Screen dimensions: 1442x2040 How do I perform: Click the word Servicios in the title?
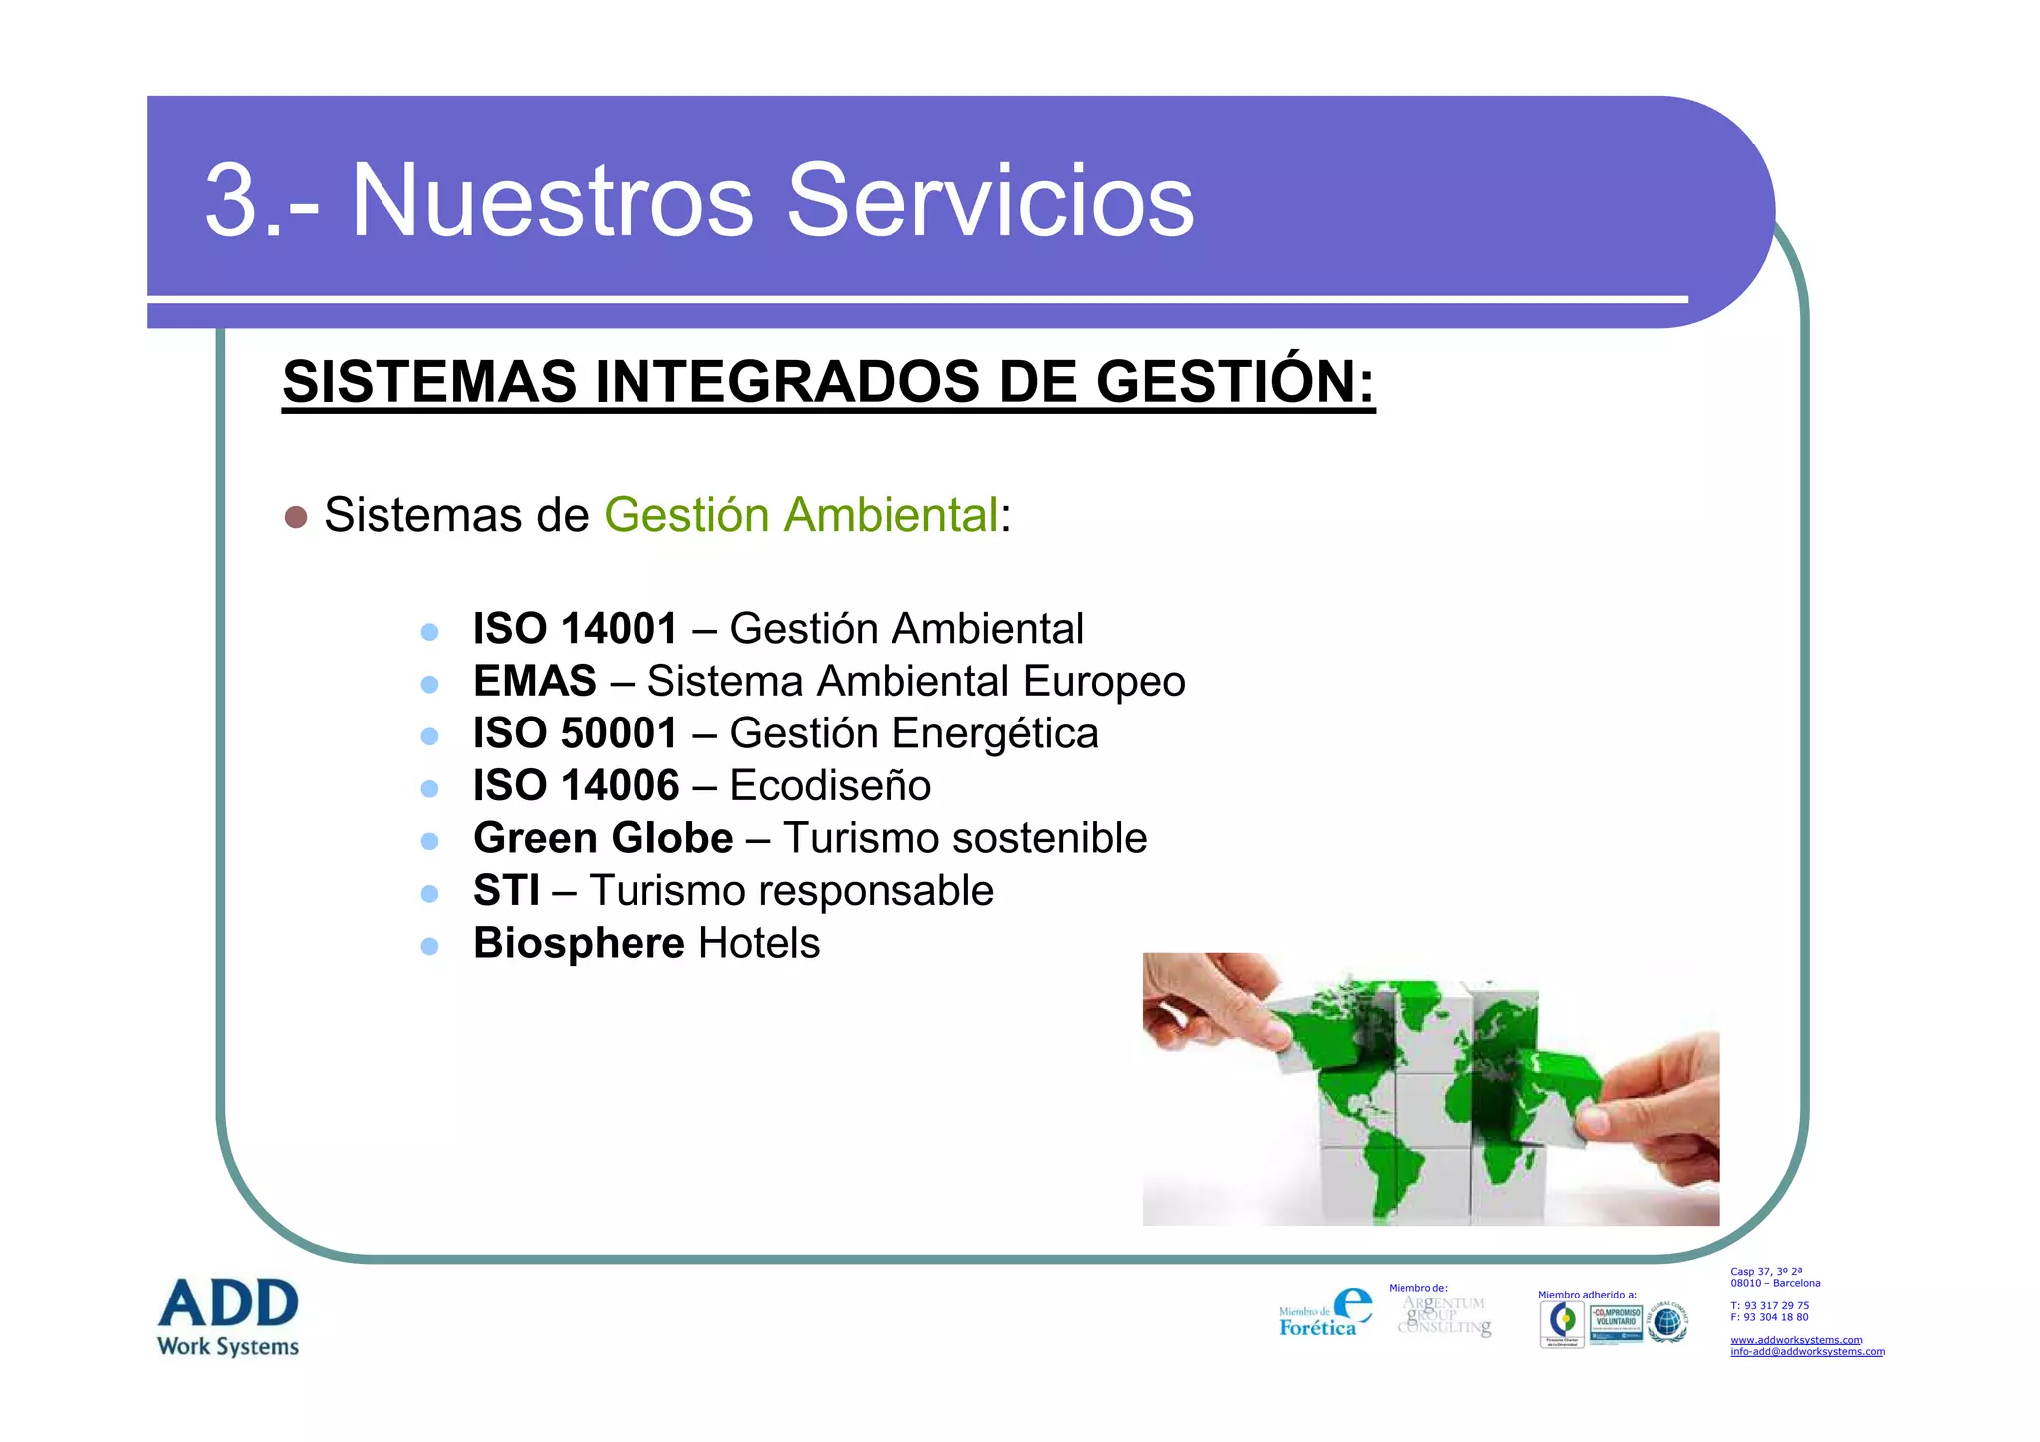(x=990, y=201)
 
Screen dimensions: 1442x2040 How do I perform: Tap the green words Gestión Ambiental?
(x=801, y=515)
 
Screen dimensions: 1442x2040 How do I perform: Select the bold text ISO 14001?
(x=575, y=629)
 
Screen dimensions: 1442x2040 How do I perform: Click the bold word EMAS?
(x=534, y=682)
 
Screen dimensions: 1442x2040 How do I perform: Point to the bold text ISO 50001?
(x=575, y=733)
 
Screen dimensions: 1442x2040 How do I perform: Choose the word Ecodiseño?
(x=830, y=786)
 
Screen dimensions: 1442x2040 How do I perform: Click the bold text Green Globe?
(x=603, y=838)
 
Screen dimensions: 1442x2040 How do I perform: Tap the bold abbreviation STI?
(x=506, y=891)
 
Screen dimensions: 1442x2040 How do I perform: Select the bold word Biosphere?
(x=579, y=943)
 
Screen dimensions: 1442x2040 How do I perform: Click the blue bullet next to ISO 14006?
(x=429, y=788)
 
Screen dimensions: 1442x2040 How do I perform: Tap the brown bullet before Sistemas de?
(x=296, y=517)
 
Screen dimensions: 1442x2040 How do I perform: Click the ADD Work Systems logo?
(x=228, y=1316)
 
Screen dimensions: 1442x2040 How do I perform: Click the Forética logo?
(x=1325, y=1313)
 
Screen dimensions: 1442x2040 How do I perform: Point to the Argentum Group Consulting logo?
(x=1443, y=1315)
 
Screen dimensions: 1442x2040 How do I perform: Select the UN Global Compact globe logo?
(x=1667, y=1322)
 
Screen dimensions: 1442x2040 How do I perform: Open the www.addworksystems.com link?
(x=1795, y=1340)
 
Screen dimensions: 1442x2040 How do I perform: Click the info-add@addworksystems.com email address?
(x=1806, y=1352)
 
